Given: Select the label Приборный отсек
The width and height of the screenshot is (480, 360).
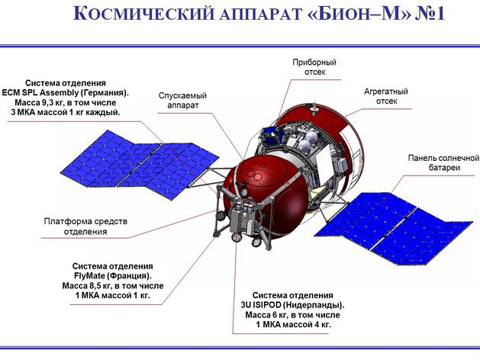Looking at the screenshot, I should click(314, 68).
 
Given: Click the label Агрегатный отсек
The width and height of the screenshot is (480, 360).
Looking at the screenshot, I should click(385, 96).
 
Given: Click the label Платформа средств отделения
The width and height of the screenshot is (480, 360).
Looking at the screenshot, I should click(85, 226).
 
